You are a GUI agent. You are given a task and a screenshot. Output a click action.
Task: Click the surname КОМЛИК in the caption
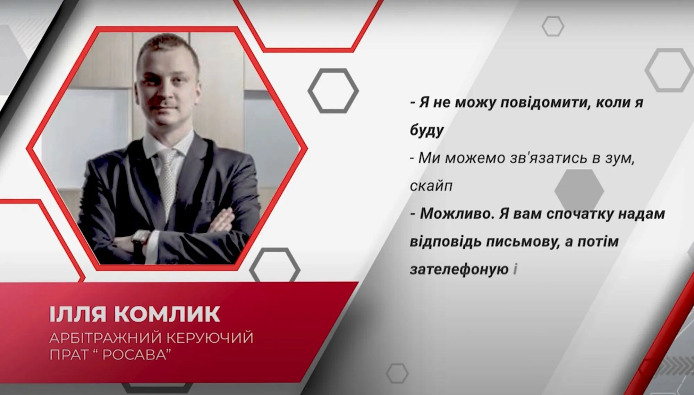pos(167,314)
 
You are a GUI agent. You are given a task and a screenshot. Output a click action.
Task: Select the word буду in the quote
pos(427,131)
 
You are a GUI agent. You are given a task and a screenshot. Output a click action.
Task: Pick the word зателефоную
pos(459,269)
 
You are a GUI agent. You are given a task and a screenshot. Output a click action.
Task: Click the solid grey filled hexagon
pos(579,191)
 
